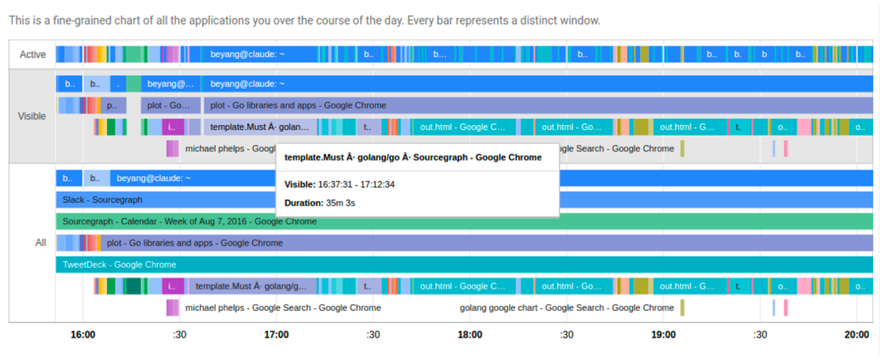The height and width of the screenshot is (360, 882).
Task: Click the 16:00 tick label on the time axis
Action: (83, 335)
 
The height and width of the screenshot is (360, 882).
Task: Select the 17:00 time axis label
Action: (276, 335)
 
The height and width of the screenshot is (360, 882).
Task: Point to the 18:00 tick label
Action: (470, 335)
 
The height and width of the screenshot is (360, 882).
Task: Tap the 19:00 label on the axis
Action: (663, 335)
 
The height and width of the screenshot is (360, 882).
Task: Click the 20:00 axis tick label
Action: (856, 335)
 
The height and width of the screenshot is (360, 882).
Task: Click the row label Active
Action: (33, 55)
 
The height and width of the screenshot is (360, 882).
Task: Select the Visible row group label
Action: (32, 116)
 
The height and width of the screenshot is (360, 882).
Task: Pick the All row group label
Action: (40, 242)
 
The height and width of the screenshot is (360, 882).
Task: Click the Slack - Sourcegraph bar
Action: (102, 200)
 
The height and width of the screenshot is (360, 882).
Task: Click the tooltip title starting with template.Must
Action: (412, 157)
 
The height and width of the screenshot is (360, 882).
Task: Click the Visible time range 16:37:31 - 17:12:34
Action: (356, 185)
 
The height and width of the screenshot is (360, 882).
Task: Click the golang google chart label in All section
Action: (566, 308)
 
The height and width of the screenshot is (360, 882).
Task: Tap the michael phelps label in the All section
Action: (283, 308)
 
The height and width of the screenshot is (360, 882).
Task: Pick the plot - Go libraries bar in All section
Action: (195, 243)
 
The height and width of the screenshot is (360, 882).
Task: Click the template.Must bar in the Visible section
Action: (260, 127)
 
